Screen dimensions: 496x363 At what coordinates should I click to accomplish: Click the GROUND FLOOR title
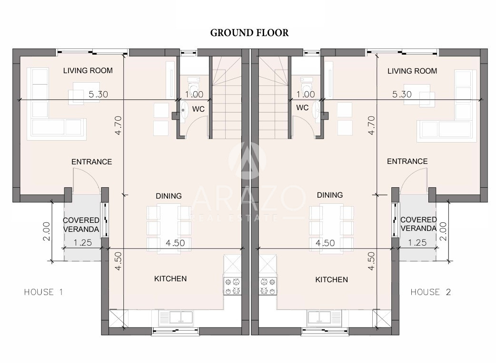(x=249, y=33)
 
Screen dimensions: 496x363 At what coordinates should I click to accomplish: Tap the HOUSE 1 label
(x=44, y=292)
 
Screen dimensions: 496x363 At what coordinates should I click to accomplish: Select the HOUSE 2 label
(x=430, y=292)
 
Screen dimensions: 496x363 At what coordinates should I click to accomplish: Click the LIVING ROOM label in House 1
(x=88, y=70)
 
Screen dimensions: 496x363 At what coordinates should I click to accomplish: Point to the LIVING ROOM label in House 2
(x=412, y=71)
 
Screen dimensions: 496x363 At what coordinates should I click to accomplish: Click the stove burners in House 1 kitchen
(x=232, y=286)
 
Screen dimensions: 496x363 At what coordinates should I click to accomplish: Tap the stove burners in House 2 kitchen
(x=268, y=286)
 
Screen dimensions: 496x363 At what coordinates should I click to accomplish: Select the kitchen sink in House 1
(x=175, y=317)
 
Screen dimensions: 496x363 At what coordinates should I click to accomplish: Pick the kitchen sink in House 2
(x=324, y=317)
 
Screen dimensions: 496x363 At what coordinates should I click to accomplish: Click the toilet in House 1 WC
(x=192, y=85)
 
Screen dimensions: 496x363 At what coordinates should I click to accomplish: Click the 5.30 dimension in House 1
(x=98, y=94)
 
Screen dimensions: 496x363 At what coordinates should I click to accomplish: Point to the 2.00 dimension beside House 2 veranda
(x=444, y=231)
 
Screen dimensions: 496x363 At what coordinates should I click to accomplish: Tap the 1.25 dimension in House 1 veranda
(x=82, y=242)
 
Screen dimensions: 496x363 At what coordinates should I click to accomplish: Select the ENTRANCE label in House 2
(x=407, y=161)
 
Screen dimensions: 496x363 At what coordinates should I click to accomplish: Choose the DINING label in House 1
(x=169, y=196)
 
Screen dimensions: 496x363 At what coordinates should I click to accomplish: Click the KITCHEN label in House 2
(x=331, y=280)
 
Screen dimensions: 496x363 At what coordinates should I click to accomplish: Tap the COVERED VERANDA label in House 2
(x=418, y=224)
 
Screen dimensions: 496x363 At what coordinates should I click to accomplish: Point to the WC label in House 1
(x=198, y=109)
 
